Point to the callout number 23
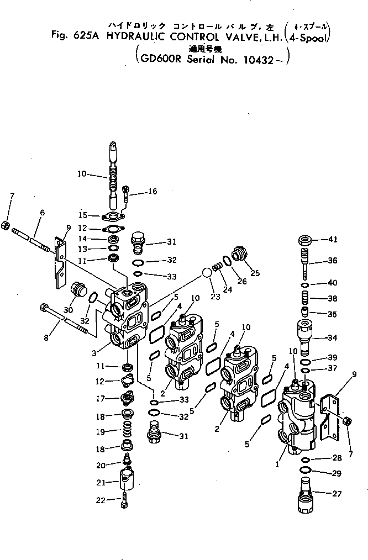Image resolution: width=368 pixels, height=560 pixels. tap(215, 296)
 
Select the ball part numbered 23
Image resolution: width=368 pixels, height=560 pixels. tap(206, 273)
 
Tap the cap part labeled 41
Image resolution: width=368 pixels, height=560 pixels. tap(305, 240)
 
